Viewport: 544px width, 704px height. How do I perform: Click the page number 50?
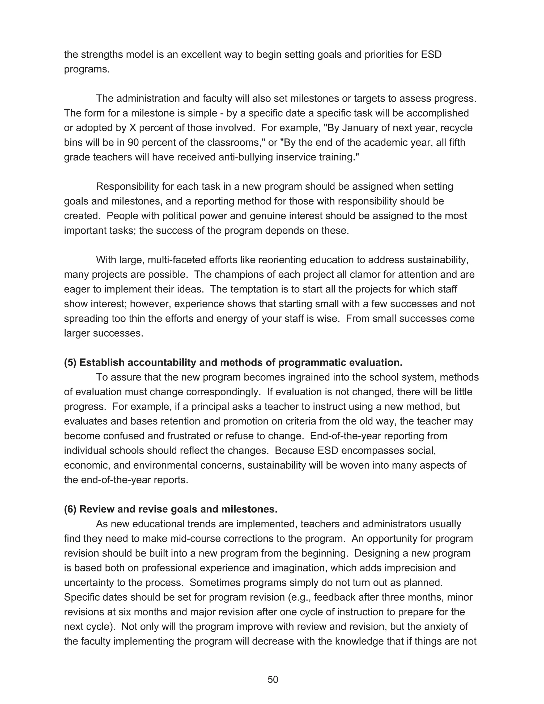click(273, 679)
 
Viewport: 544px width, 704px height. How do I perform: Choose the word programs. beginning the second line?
click(87, 69)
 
